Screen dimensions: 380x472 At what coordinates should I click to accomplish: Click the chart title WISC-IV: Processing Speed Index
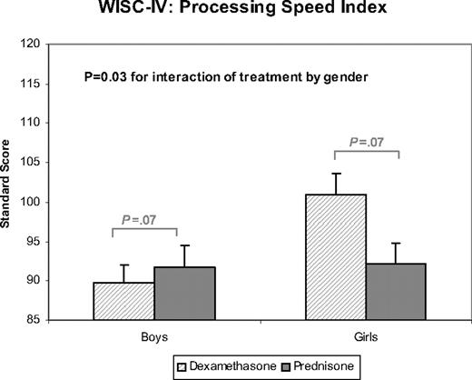(234, 10)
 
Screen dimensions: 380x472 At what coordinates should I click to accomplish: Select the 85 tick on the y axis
(43, 320)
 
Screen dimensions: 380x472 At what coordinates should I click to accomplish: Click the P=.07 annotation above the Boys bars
(145, 219)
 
